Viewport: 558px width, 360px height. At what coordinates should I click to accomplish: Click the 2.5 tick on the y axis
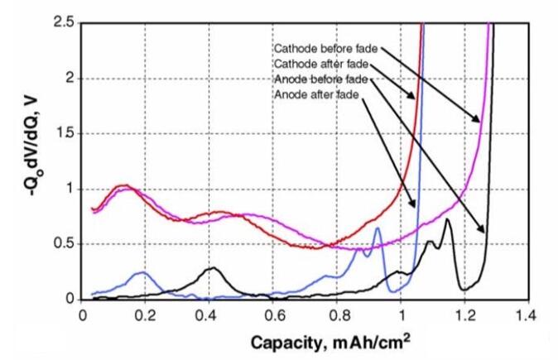pyautogui.click(x=65, y=22)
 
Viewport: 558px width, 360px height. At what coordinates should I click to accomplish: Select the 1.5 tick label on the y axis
pyautogui.click(x=65, y=133)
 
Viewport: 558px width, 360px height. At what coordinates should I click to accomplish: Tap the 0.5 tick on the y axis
pyautogui.click(x=65, y=243)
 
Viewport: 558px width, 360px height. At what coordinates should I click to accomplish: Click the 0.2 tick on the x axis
pyautogui.click(x=146, y=314)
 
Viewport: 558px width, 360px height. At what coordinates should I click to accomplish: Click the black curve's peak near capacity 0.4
pyautogui.click(x=212, y=268)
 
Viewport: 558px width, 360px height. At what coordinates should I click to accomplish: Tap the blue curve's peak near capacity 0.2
pyautogui.click(x=143, y=272)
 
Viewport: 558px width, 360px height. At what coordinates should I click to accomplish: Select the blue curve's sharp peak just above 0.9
pyautogui.click(x=378, y=228)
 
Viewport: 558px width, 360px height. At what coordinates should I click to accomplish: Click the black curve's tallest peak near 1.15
pyautogui.click(x=447, y=219)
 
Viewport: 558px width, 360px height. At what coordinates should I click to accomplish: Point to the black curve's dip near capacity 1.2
pyautogui.click(x=466, y=289)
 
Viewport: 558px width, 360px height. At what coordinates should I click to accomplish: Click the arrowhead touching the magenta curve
pyautogui.click(x=479, y=122)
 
